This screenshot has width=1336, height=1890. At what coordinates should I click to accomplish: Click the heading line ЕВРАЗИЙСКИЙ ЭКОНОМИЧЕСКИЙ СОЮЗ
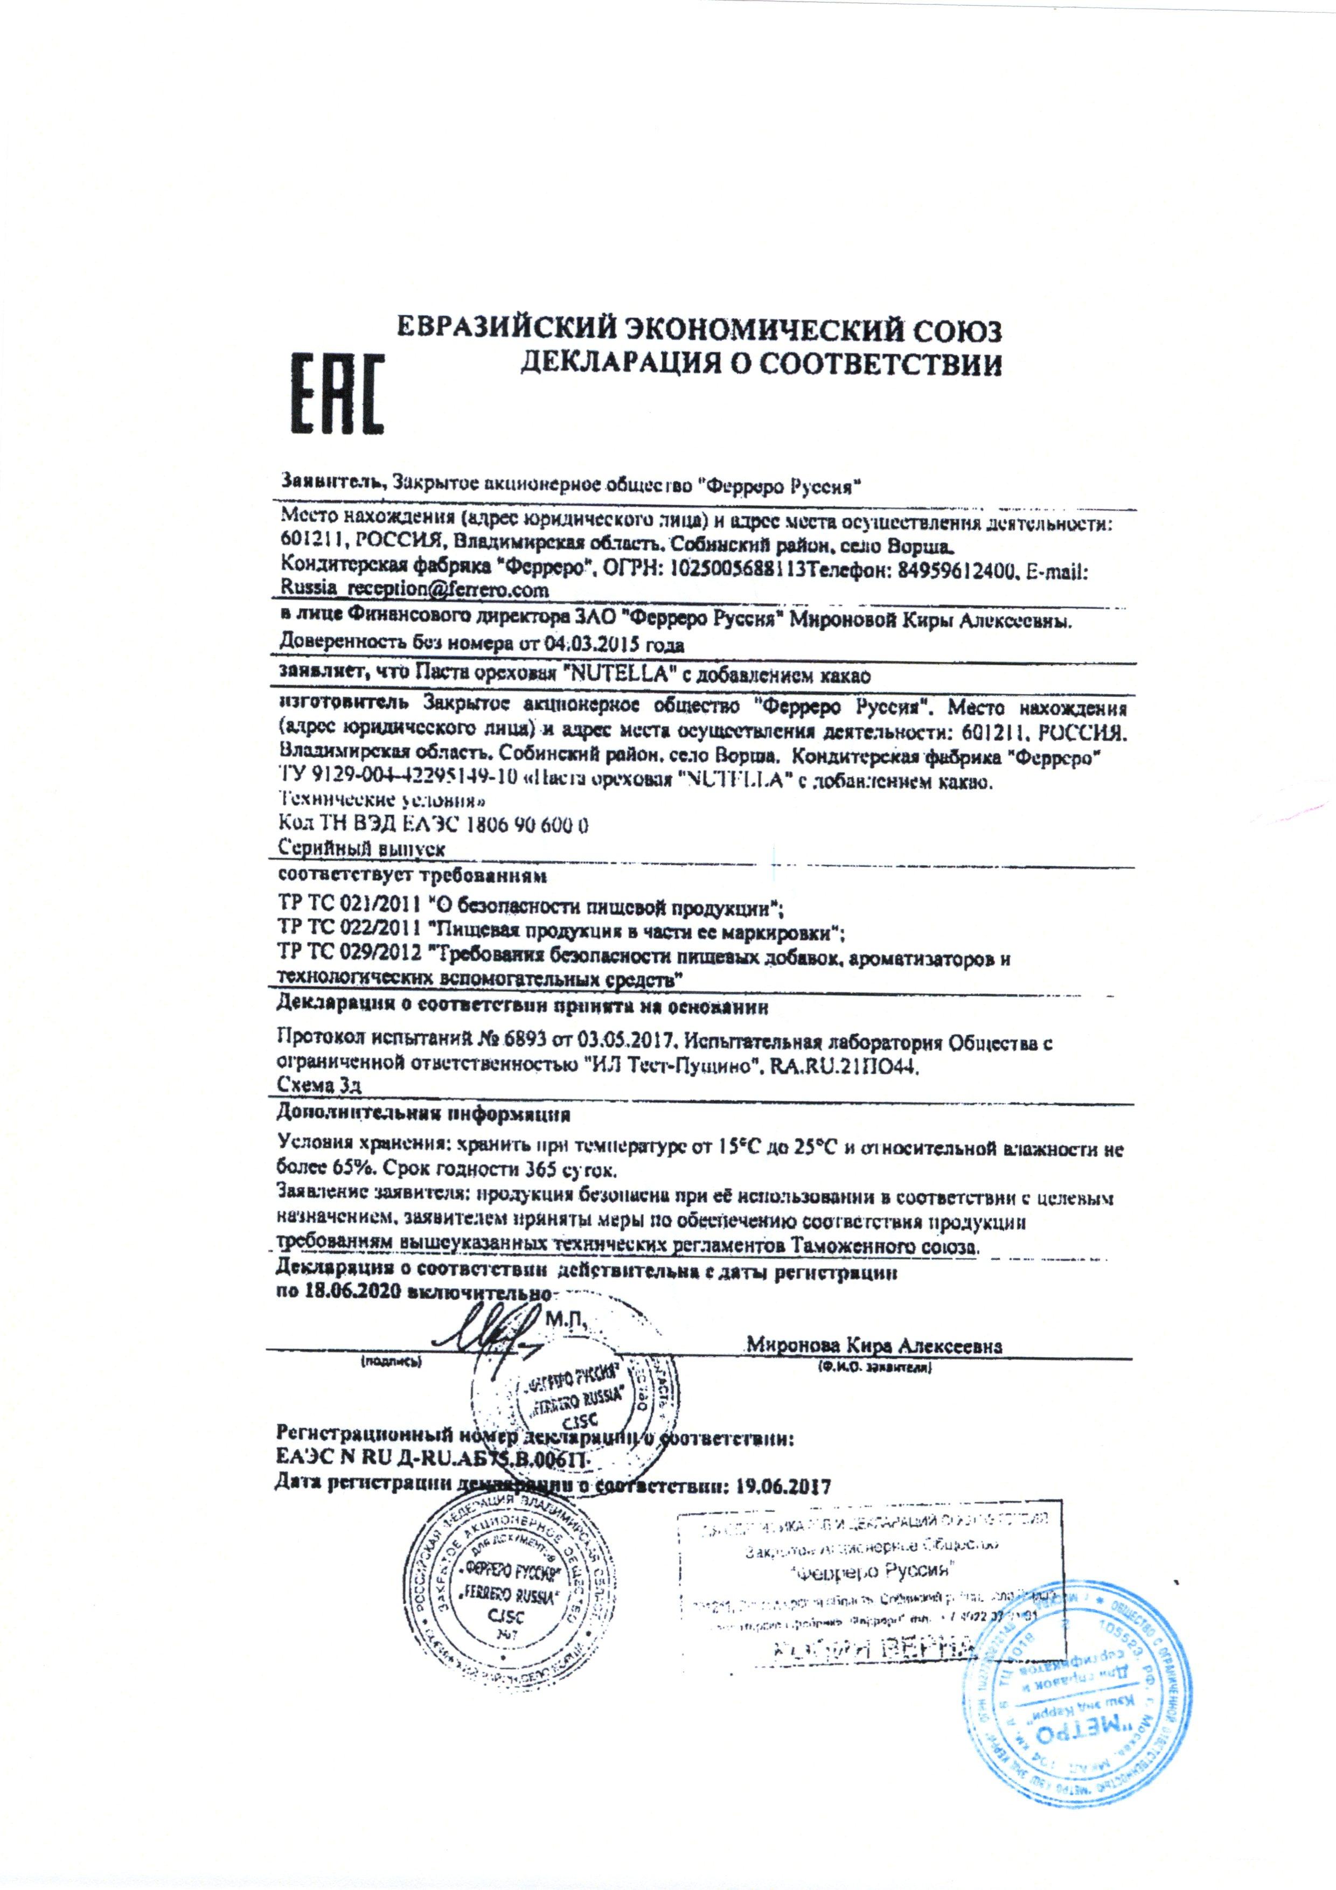pos(700,332)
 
